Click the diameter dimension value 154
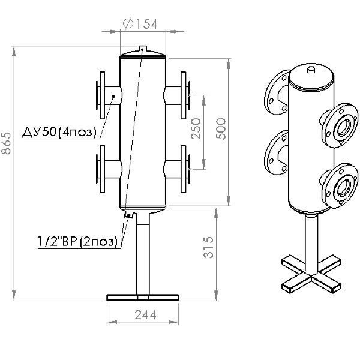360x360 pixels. [x=147, y=25]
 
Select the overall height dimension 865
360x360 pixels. [x=6, y=143]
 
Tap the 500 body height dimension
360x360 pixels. [x=221, y=128]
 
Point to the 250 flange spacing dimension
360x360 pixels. [x=196, y=128]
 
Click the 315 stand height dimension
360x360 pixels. [x=208, y=247]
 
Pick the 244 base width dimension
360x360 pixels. [x=145, y=315]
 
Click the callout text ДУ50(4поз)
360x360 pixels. [x=59, y=132]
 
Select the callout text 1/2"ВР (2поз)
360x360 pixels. [x=77, y=242]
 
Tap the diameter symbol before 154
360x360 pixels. [x=128, y=23]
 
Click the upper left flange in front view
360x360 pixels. [x=102, y=95]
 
